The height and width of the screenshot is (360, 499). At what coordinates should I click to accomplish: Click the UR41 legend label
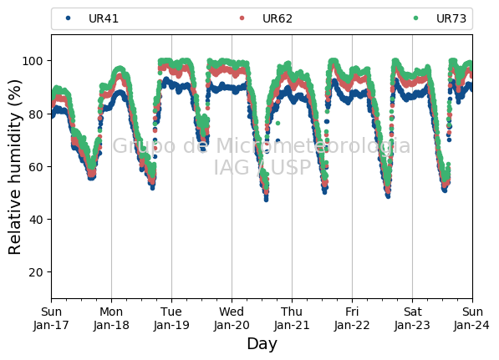104,18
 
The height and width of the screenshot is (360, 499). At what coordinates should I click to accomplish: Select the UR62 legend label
278,18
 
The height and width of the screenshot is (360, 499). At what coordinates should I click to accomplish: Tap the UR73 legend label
451,18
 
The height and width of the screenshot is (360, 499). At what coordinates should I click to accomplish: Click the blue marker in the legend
68,18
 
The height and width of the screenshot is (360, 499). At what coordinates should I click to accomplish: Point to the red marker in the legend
242,18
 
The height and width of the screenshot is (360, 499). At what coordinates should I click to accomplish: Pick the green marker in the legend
415,18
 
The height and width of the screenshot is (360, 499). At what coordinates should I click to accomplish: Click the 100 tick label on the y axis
32,61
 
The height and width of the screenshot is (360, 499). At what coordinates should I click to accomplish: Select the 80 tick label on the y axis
36,114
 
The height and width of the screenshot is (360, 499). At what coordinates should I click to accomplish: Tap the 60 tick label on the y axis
36,167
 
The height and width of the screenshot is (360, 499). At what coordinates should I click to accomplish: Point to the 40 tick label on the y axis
36,220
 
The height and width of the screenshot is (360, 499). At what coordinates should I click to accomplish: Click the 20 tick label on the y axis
36,272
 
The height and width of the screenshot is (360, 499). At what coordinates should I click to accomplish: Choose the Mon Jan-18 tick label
111,318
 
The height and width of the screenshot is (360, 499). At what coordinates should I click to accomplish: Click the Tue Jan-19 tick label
171,318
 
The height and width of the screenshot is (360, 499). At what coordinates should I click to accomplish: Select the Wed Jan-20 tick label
232,318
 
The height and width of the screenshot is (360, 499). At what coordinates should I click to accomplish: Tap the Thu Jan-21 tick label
292,318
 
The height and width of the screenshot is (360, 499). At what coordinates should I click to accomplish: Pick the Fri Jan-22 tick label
352,318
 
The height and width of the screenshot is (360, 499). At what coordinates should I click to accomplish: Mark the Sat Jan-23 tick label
412,318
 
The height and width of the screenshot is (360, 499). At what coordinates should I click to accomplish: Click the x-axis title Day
262,344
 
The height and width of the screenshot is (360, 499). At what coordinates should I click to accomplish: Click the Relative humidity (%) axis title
14,167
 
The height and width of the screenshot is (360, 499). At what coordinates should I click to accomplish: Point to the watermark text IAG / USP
262,167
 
